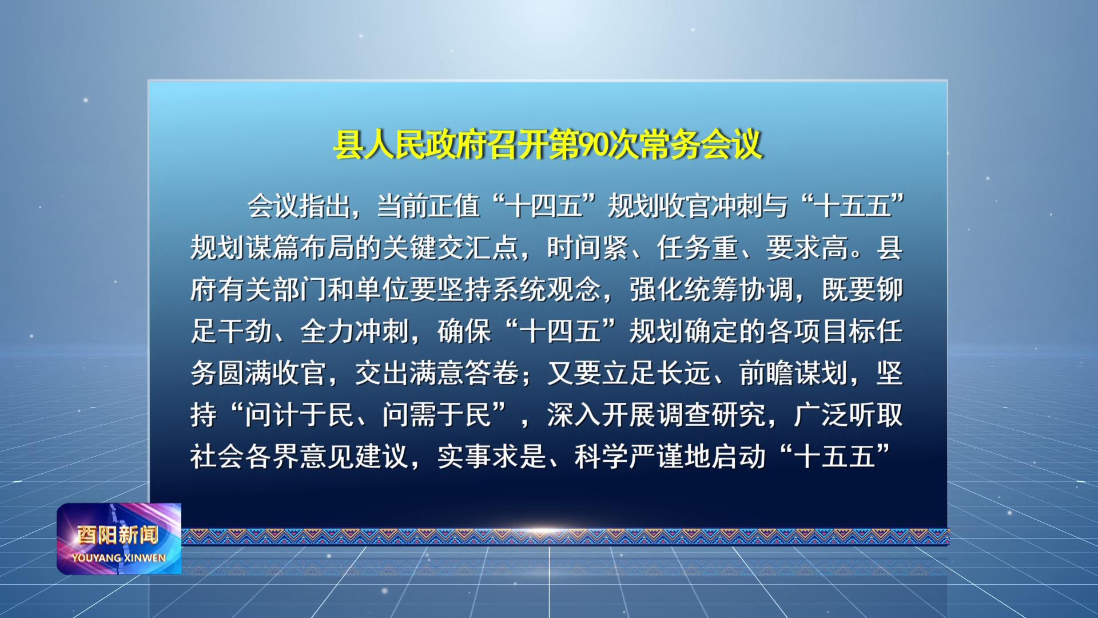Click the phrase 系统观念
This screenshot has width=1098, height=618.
point(546,290)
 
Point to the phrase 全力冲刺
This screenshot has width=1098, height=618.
point(354,332)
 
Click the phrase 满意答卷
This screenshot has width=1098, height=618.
point(464,374)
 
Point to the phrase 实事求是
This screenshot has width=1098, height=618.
point(491,457)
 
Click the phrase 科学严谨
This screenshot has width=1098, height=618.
point(628,457)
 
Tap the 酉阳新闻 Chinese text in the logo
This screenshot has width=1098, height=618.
point(118,535)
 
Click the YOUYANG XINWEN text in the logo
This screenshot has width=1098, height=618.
point(119,558)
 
